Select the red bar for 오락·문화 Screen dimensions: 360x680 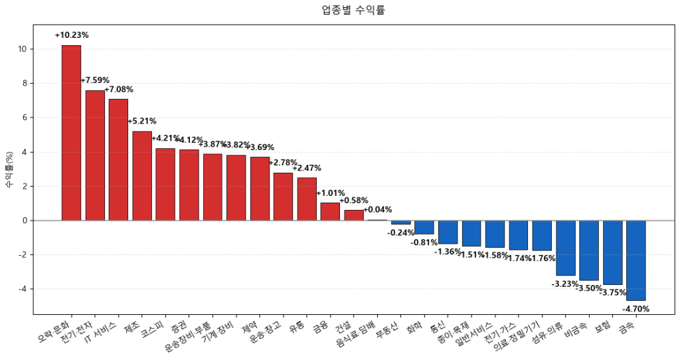71,133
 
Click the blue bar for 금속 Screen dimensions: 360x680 636,260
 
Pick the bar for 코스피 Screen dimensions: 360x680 165,184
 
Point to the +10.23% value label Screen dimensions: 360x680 72,35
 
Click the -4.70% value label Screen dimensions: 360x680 636,309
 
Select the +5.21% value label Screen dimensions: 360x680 142,122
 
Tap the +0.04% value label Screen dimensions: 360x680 377,210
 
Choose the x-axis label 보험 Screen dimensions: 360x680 603,327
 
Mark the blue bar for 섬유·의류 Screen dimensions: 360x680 565,248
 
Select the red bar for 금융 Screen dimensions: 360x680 330,211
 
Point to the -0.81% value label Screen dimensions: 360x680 424,242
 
